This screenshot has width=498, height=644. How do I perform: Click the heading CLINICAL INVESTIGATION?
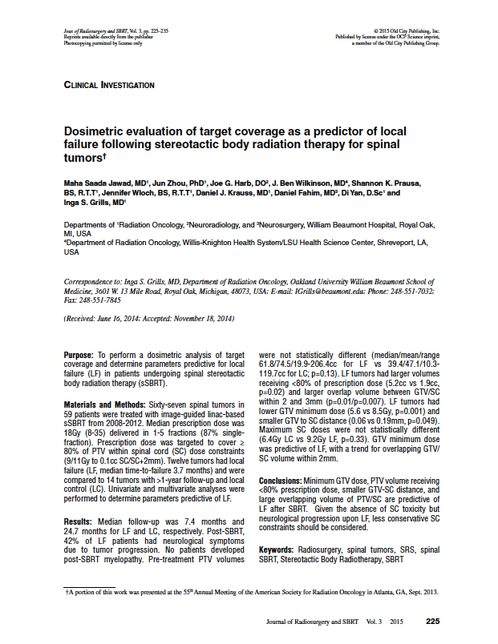[x=108, y=85]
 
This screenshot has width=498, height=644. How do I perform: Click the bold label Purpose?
[x=79, y=353]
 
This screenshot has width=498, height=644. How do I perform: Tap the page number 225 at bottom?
[x=432, y=621]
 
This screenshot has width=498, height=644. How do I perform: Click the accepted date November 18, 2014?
[x=200, y=318]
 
